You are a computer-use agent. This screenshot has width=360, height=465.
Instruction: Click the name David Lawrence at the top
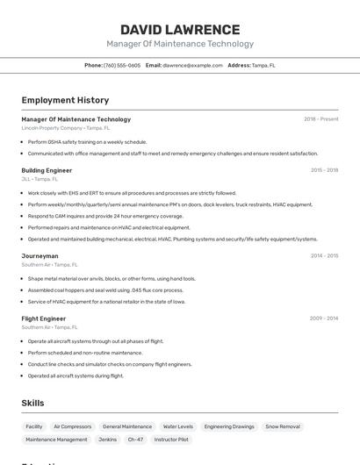(180, 30)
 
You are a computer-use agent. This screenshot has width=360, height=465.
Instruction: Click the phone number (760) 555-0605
(122, 65)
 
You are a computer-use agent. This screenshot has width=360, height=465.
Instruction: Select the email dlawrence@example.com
(192, 65)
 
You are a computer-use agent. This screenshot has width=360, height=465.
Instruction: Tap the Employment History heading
(65, 100)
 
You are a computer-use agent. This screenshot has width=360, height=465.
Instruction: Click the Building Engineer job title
(47, 170)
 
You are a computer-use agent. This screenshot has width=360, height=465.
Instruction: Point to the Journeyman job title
(40, 256)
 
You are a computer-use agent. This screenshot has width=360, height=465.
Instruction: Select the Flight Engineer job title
(44, 318)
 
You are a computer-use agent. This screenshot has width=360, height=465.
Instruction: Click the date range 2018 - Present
(320, 119)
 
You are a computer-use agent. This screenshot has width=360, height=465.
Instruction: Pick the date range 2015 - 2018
(324, 170)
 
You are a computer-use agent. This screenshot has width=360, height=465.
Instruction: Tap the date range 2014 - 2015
(324, 256)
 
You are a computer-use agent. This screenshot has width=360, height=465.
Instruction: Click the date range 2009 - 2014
(324, 318)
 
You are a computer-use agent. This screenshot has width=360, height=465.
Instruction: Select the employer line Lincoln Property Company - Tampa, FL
(66, 128)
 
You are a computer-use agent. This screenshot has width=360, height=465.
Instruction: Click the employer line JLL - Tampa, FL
(40, 179)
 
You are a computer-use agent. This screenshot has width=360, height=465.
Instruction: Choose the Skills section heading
(33, 403)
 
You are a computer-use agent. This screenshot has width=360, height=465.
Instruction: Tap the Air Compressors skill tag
(73, 426)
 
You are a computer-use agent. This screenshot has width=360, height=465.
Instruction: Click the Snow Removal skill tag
(283, 426)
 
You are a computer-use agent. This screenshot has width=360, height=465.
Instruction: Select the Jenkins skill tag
(108, 439)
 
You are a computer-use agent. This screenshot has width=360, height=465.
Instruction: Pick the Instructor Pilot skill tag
(171, 439)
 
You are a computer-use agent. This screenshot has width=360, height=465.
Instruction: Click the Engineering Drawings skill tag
(229, 426)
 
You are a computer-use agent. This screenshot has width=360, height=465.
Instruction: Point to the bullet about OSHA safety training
(87, 141)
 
